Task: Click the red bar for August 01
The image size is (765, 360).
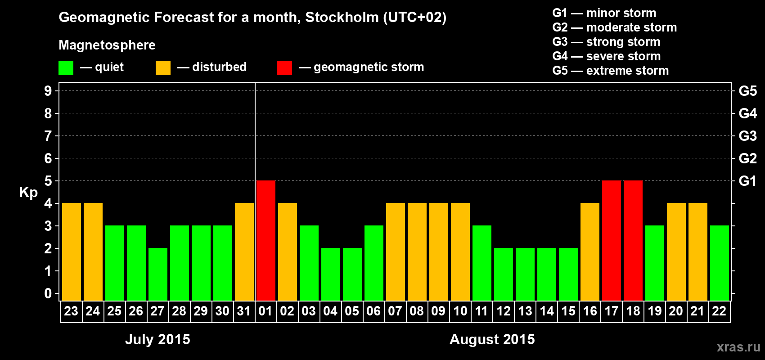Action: [x=265, y=240]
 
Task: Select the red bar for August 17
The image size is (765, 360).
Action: [x=611, y=240]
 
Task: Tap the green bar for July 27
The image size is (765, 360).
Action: [x=157, y=274]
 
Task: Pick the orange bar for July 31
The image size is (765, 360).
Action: [x=244, y=252]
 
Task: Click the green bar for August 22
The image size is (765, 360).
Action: [x=719, y=263]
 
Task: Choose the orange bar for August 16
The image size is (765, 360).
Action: [x=589, y=252]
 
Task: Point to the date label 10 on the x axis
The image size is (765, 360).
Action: [x=460, y=311]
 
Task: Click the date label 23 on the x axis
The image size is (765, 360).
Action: [x=71, y=311]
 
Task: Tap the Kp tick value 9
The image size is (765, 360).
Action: [x=48, y=91]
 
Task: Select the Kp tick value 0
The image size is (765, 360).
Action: [x=48, y=293]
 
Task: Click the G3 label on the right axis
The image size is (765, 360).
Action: [x=747, y=136]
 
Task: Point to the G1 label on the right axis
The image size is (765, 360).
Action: [x=747, y=181]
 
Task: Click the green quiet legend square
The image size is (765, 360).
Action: [x=66, y=68]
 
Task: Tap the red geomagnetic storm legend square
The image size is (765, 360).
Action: [x=284, y=68]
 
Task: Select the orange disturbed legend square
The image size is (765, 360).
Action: [x=163, y=68]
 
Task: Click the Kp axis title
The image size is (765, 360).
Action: [x=28, y=193]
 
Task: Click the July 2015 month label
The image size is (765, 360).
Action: [x=157, y=339]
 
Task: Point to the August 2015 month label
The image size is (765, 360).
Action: [x=492, y=339]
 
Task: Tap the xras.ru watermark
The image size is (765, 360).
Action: [x=738, y=347]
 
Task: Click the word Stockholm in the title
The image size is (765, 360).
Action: [x=342, y=17]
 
